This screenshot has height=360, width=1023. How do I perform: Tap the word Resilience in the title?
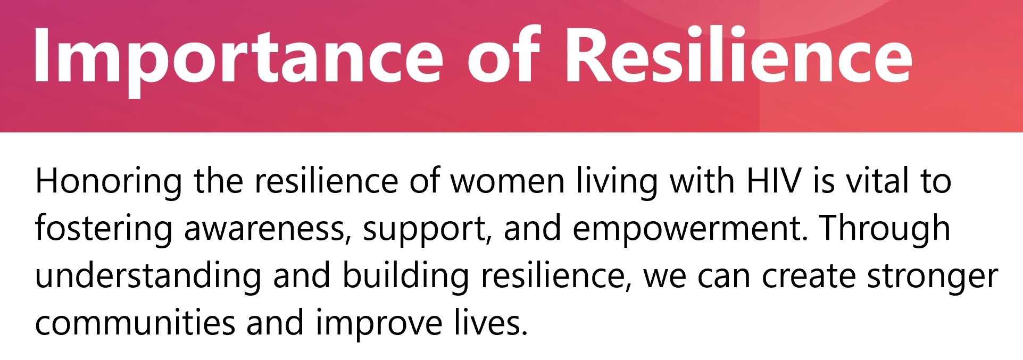[x=738, y=54]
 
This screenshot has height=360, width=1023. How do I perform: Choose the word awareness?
[x=268, y=230]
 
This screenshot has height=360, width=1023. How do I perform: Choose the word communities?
[x=135, y=323]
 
